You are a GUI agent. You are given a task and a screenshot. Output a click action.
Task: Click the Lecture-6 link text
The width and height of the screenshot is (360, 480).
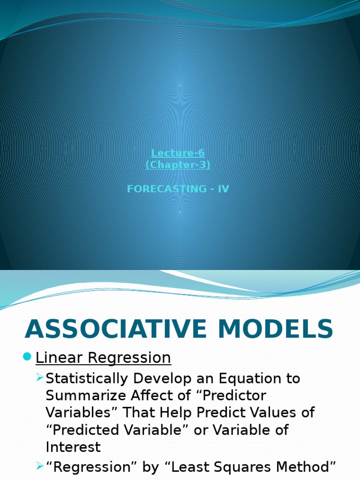coord(178,153)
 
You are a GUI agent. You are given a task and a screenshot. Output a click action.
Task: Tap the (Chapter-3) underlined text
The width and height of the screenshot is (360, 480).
coord(178,165)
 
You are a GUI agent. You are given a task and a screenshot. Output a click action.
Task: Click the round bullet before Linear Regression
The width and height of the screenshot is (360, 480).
coord(27,358)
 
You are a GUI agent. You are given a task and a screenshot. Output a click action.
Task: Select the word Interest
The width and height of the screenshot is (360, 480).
coord(73,447)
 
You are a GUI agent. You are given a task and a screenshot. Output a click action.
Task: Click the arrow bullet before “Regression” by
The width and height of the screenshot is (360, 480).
coord(40,466)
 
